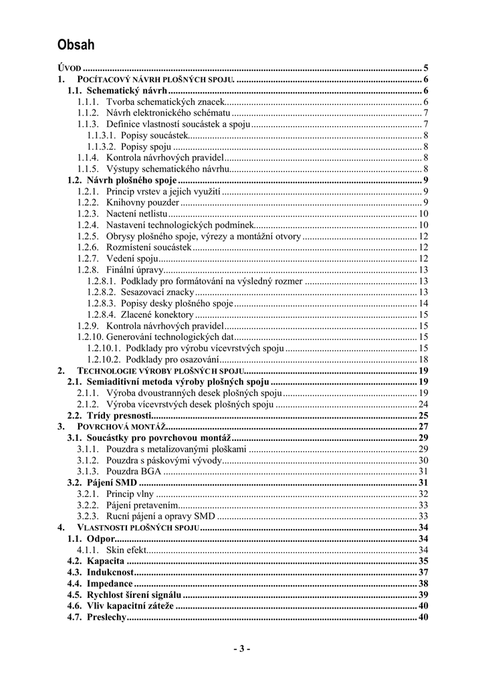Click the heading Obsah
tap(76, 45)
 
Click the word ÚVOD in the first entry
tap(70, 68)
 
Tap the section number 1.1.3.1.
tap(102, 136)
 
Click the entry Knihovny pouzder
tap(142, 202)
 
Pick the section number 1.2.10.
tap(90, 337)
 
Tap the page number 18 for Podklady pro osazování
tap(423, 359)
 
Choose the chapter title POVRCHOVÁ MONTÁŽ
tap(121, 427)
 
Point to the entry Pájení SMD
tap(112, 483)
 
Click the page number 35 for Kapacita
tap(423, 561)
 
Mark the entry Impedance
tap(110, 584)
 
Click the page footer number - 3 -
tap(242, 649)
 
